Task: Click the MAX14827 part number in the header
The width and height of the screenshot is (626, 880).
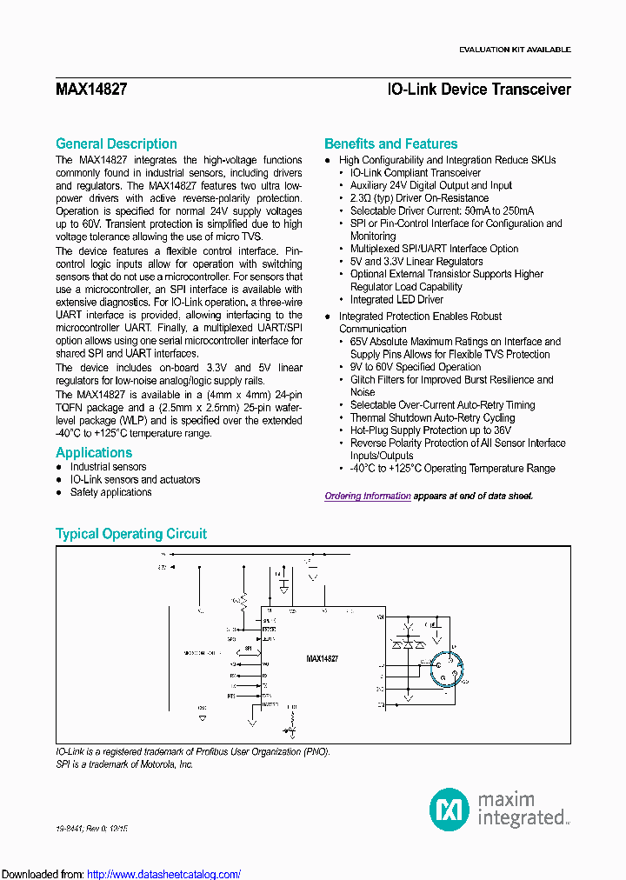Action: (x=91, y=90)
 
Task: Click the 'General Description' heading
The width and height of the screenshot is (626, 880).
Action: (x=116, y=144)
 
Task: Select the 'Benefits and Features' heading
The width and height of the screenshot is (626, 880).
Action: (x=390, y=144)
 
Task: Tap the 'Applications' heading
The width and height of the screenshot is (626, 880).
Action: (x=94, y=453)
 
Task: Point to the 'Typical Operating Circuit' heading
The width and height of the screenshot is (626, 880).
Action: (x=130, y=534)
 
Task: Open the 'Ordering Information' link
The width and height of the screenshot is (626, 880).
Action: (x=368, y=497)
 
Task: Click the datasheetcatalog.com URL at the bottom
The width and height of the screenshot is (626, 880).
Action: (x=164, y=875)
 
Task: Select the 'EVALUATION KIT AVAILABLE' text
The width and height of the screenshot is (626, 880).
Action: (x=515, y=50)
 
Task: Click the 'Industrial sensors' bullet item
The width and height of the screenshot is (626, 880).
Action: (x=108, y=467)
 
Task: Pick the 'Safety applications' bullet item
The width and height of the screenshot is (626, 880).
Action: (x=110, y=492)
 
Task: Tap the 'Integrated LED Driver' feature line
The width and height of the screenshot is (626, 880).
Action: (x=396, y=300)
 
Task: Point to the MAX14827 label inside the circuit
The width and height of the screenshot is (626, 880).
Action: (x=322, y=660)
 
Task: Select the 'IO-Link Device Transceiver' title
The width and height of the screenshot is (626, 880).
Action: (x=479, y=90)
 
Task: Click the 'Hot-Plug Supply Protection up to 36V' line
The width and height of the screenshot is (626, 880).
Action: (x=430, y=430)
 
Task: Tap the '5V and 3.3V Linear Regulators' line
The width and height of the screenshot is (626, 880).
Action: (x=416, y=262)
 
